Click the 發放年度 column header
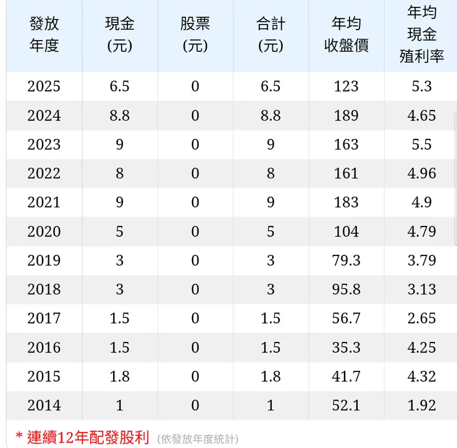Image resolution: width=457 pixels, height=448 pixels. [44, 35]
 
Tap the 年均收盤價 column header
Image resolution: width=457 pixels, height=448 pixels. [346, 35]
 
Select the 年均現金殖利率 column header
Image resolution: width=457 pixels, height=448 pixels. [422, 35]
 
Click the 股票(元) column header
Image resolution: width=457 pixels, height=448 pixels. [195, 35]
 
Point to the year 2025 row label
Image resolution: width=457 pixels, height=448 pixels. [44, 86]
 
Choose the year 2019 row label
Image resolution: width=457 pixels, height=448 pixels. [44, 260]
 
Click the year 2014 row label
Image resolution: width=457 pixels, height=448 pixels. [44, 405]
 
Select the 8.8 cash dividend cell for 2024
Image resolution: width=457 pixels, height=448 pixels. [120, 115]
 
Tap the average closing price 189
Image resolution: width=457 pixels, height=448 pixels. [346, 115]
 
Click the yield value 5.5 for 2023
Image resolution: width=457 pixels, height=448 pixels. [422, 144]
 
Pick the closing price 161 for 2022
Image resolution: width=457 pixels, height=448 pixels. [346, 173]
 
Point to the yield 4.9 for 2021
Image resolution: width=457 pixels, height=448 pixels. [422, 202]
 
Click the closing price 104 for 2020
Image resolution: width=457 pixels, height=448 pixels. [346, 231]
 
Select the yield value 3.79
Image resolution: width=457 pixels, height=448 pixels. [422, 260]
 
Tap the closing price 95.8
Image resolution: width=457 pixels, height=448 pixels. [346, 289]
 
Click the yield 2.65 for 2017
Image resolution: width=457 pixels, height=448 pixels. [422, 318]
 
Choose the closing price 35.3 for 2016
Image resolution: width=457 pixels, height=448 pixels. [346, 347]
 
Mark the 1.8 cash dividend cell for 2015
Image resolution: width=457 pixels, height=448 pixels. [120, 376]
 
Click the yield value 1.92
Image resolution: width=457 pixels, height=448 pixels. [422, 405]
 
